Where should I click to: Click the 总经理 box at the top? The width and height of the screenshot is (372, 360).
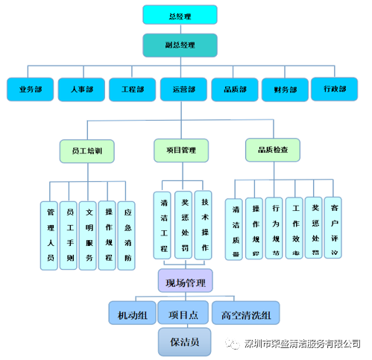tap(180, 14)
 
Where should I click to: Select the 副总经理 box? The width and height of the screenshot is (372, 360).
tap(180, 45)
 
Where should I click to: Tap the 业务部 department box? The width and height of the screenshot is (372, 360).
tap(31, 89)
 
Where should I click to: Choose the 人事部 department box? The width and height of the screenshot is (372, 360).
tap(81, 89)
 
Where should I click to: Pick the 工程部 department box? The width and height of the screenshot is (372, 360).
tap(132, 89)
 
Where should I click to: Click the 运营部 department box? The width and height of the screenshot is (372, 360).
tap(183, 89)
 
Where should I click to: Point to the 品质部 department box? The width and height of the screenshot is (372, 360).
tap(234, 89)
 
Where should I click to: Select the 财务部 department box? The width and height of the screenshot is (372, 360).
tap(285, 89)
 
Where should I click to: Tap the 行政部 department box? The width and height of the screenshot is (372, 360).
tap(335, 89)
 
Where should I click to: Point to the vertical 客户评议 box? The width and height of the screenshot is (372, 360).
tap(335, 227)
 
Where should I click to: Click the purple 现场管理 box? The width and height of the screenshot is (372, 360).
tap(185, 282)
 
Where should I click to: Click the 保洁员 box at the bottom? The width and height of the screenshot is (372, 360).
tap(185, 341)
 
